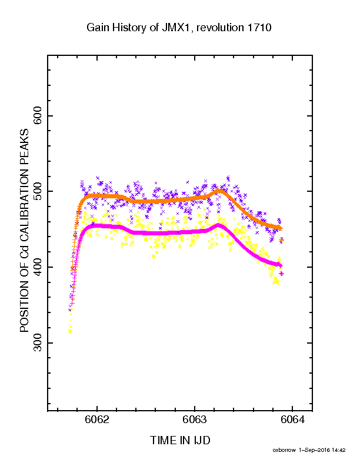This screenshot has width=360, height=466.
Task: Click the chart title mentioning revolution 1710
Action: pyautogui.click(x=179, y=28)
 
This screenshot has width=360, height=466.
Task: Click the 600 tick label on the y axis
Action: pyautogui.click(x=38, y=116)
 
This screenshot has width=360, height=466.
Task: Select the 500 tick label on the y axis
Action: pyautogui.click(x=38, y=191)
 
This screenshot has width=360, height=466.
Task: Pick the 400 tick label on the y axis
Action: pyautogui.click(x=38, y=267)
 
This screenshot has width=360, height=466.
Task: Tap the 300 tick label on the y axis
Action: pyautogui.click(x=38, y=342)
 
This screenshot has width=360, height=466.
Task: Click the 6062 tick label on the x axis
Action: pyautogui.click(x=97, y=420)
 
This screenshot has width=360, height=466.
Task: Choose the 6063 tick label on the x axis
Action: pyautogui.click(x=195, y=420)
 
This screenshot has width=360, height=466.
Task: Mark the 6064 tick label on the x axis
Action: pyautogui.click(x=292, y=420)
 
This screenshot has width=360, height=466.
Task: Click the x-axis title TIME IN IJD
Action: pyautogui.click(x=180, y=440)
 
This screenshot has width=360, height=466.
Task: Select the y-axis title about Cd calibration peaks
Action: pyautogui.click(x=24, y=230)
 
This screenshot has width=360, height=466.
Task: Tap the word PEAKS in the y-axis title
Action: pyautogui.click(x=24, y=145)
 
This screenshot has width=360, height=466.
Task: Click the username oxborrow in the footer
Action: pyautogui.click(x=284, y=450)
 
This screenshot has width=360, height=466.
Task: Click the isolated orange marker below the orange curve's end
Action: pyautogui.click(x=281, y=240)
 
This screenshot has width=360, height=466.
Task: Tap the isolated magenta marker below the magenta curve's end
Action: pyautogui.click(x=282, y=274)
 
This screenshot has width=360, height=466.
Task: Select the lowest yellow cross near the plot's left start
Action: pyautogui.click(x=70, y=331)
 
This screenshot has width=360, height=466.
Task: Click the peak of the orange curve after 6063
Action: pyautogui.click(x=219, y=191)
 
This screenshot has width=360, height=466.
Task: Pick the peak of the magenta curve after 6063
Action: pyautogui.click(x=219, y=225)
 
